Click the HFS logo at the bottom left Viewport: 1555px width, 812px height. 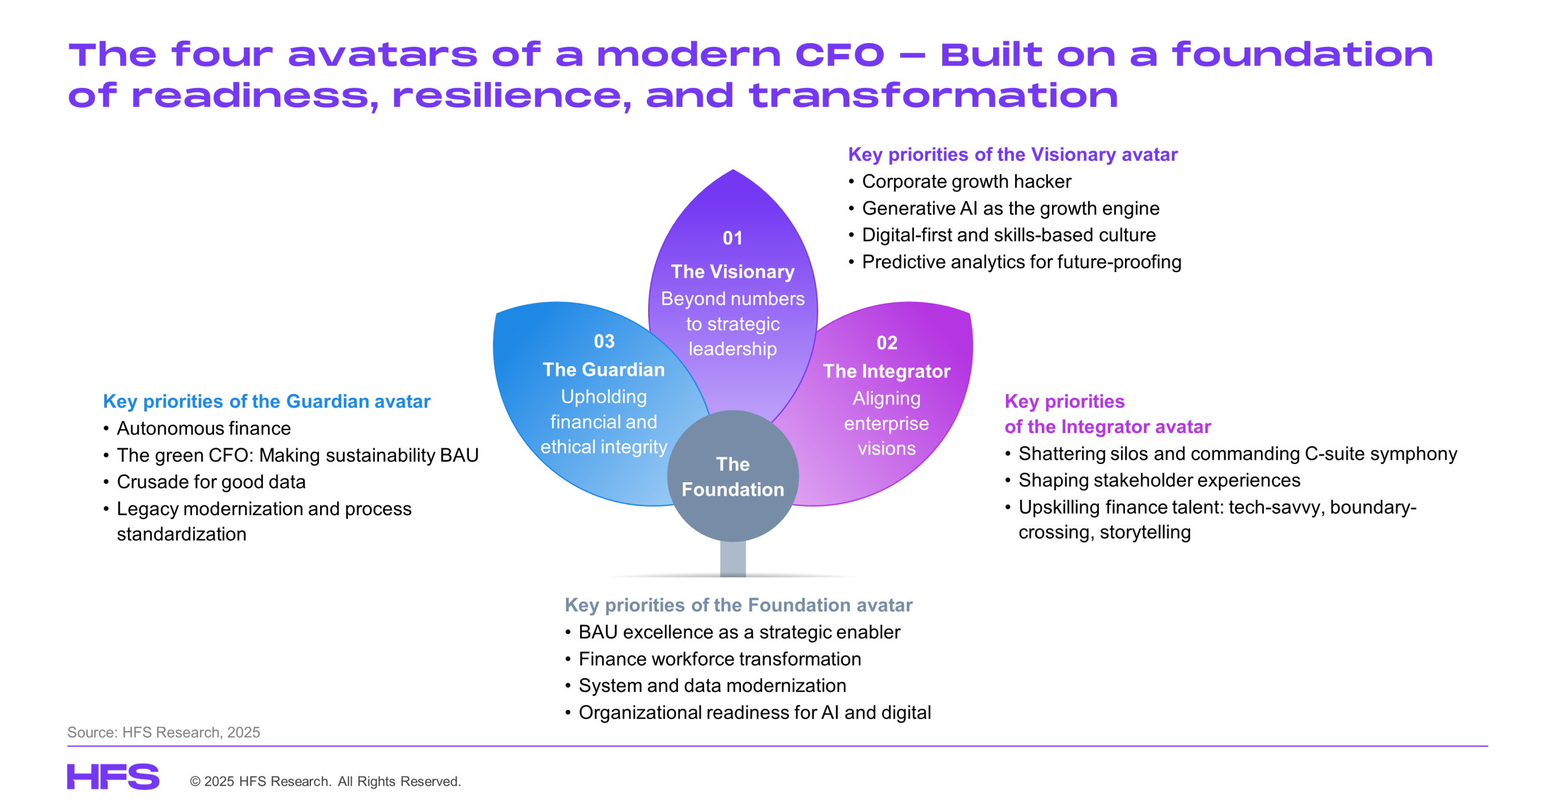113,776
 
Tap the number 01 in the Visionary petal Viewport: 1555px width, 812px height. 733,238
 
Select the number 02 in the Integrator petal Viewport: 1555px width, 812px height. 887,343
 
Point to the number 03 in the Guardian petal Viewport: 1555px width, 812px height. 604,341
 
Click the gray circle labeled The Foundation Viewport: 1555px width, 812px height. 733,476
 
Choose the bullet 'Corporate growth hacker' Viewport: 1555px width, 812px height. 966,181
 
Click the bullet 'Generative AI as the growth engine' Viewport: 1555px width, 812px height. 1011,208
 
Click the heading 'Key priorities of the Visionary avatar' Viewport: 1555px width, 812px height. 1013,154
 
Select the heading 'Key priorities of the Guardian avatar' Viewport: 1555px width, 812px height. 267,401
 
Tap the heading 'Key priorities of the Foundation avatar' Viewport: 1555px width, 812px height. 739,605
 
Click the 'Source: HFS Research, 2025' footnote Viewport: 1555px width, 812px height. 163,732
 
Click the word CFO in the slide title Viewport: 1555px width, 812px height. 839,55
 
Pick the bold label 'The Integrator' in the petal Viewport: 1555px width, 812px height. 887,371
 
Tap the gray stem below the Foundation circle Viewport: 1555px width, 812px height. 733,558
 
